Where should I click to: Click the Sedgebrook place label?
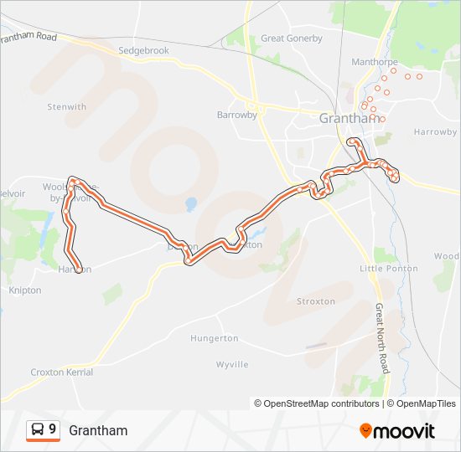click(x=143, y=51)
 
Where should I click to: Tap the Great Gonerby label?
click(x=291, y=39)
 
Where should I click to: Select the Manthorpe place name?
click(x=374, y=62)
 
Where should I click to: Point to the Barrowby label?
click(x=236, y=115)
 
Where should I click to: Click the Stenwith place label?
click(x=67, y=107)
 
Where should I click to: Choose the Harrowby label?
click(x=435, y=132)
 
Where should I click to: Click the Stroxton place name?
click(x=315, y=301)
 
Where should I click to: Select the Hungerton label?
click(x=215, y=339)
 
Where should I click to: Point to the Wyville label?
click(x=232, y=365)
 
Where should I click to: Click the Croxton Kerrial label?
click(x=61, y=372)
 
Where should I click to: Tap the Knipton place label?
click(x=24, y=290)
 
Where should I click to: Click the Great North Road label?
click(x=382, y=338)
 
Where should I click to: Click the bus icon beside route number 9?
click(x=38, y=430)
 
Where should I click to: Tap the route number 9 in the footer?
click(x=53, y=430)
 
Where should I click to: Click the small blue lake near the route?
click(x=190, y=203)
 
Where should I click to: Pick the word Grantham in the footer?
click(x=98, y=430)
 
